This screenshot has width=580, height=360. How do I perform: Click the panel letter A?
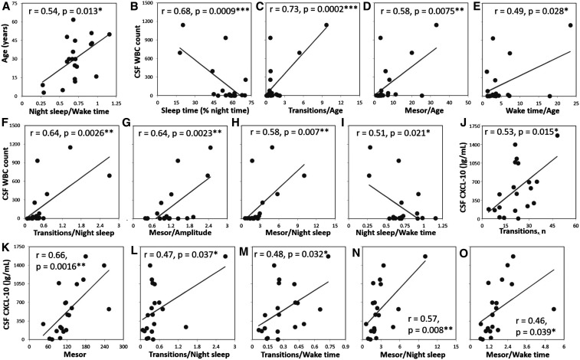click(7, 7)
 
